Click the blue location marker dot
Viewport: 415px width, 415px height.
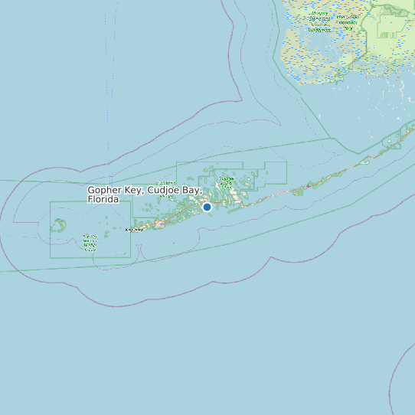pos(207,207)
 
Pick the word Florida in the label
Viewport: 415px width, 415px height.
pos(103,199)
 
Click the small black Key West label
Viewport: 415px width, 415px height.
pos(134,230)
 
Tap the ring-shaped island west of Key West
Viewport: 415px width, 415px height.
pos(58,225)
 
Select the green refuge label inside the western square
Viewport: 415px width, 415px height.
pos(90,243)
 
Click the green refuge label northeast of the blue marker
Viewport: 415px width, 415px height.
pos(227,182)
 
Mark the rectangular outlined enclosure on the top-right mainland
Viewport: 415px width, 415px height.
pos(390,26)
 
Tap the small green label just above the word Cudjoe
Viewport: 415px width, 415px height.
pos(164,183)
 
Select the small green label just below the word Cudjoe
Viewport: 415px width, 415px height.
pos(165,196)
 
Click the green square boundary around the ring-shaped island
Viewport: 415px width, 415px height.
pos(51,230)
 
